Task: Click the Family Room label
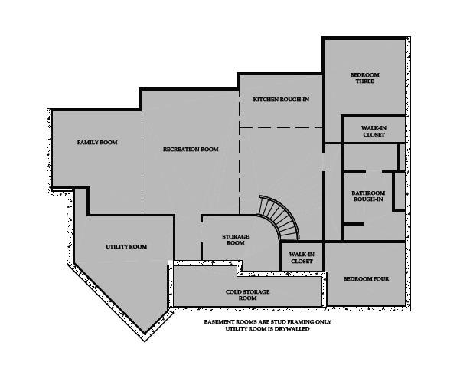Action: coord(97,143)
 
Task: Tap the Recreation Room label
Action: coord(191,150)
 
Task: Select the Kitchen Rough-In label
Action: coord(281,100)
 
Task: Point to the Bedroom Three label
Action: coord(364,78)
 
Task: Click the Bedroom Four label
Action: coord(366,278)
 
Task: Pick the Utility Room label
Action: coord(126,247)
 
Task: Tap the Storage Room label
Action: coord(236,239)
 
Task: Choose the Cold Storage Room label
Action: coord(247,295)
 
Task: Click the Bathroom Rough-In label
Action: coord(368,196)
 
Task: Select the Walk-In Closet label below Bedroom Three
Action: coord(374,131)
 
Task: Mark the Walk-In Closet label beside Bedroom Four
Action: coord(302,258)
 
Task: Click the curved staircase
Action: coord(280,216)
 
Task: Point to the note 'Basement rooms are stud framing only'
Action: coord(268,322)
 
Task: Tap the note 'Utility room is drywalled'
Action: coord(268,329)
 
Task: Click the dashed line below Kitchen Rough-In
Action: coord(281,127)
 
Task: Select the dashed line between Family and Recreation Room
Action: coord(142,163)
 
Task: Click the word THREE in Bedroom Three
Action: coord(364,81)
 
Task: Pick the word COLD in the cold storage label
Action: coord(234,292)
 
